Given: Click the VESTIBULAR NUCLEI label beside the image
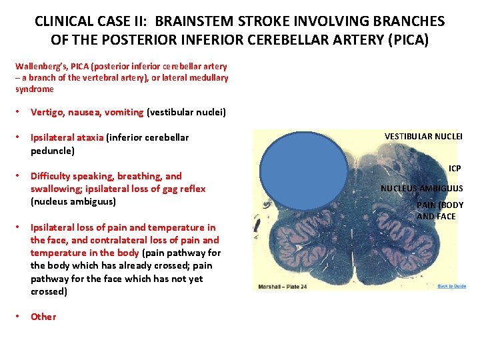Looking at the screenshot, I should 423,136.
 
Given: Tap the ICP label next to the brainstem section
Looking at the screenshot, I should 455,169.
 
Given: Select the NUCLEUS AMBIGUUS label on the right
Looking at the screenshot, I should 421,188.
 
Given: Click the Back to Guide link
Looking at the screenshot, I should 451,286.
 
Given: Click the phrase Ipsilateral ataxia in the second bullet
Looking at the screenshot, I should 67,137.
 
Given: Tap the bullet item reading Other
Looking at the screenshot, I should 43,317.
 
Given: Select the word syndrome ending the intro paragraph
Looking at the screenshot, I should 34,89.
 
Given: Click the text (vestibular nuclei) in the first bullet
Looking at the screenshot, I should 186,112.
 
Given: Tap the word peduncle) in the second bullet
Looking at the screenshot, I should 53,150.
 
